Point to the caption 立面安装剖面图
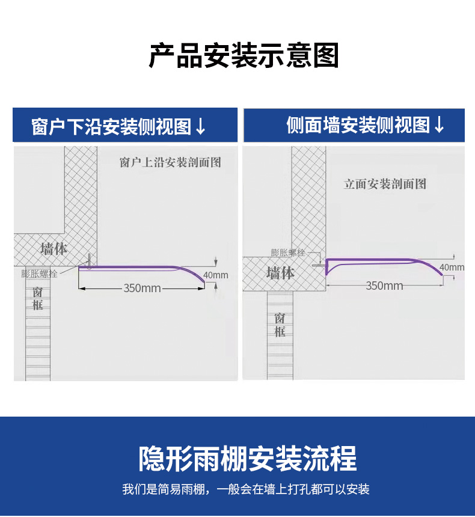(385, 184)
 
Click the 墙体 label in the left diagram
(54, 248)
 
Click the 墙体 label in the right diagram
(280, 273)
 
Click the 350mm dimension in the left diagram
(142, 289)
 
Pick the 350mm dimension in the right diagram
(385, 286)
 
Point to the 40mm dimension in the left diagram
(216, 275)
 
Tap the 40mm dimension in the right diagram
(452, 267)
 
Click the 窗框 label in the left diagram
(38, 298)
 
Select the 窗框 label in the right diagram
(280, 325)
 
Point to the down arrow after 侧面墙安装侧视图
(440, 125)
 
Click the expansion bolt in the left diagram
(88, 262)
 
